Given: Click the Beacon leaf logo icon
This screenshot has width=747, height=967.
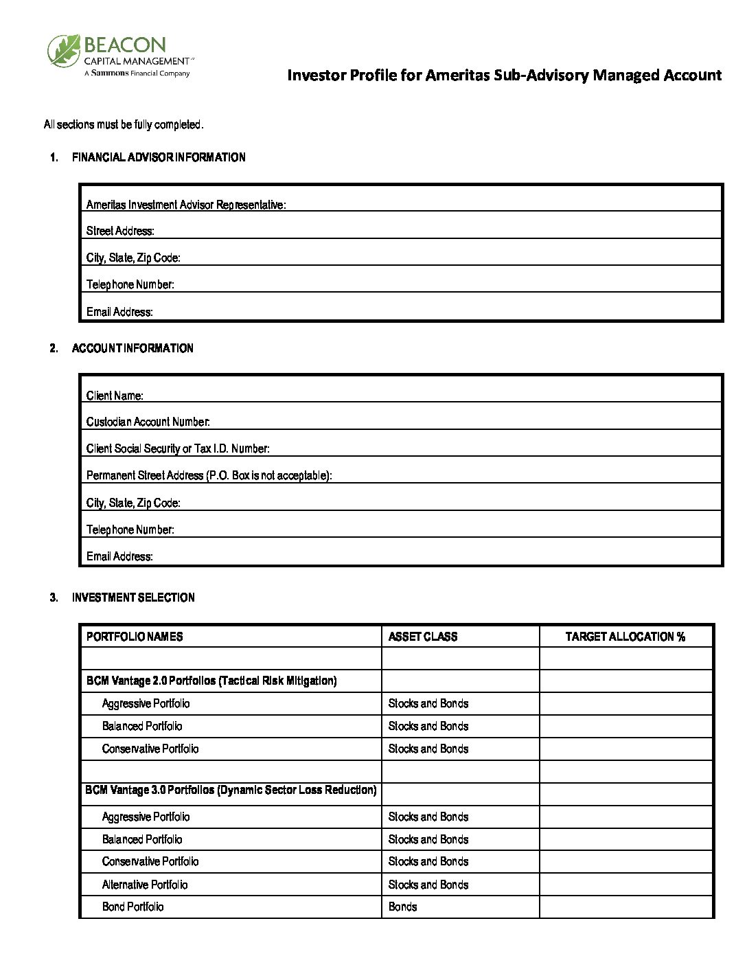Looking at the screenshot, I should pyautogui.click(x=64, y=51).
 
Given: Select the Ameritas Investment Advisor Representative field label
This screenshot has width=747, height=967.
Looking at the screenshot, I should pyautogui.click(x=185, y=205).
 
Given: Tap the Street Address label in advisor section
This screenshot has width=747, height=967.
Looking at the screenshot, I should pyautogui.click(x=120, y=231).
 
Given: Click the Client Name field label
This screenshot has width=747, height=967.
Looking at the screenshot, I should pyautogui.click(x=115, y=396).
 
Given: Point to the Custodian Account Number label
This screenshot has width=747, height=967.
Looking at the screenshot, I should pyautogui.click(x=148, y=422).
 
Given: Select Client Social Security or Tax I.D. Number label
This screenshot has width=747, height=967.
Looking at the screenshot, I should pyautogui.click(x=178, y=448).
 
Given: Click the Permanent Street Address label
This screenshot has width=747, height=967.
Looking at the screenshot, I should pyautogui.click(x=209, y=475).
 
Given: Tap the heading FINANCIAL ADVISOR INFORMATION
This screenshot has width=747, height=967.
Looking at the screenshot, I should pyautogui.click(x=159, y=157).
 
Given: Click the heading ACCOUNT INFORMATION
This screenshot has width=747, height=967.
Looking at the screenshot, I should pyautogui.click(x=133, y=348).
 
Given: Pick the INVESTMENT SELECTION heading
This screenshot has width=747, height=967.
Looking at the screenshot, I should pyautogui.click(x=133, y=598).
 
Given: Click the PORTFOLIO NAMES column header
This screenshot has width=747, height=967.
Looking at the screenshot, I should pyautogui.click(x=135, y=637).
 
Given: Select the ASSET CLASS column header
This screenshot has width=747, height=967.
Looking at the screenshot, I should pyautogui.click(x=423, y=637).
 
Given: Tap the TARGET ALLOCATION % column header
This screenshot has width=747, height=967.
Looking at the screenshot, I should pyautogui.click(x=625, y=637).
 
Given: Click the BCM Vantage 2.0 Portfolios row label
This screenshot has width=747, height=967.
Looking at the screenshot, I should pyautogui.click(x=211, y=681).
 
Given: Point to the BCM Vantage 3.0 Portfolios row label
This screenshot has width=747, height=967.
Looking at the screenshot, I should pyautogui.click(x=231, y=790).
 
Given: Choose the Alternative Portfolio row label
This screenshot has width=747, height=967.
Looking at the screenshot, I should pyautogui.click(x=145, y=885).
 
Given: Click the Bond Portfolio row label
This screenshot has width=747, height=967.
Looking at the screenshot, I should pyautogui.click(x=133, y=907).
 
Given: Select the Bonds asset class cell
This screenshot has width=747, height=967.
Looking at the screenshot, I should pyautogui.click(x=403, y=907).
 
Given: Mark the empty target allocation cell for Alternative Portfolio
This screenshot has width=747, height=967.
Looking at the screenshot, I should pyautogui.click(x=625, y=885).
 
